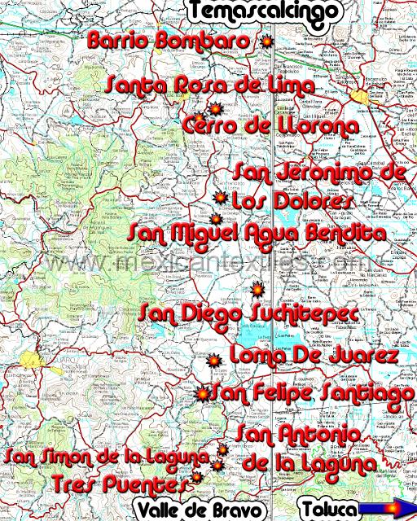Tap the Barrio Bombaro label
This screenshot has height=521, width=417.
pos(169,41)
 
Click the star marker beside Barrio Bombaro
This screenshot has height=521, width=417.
pos(264,42)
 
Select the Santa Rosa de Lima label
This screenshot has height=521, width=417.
pos(210,85)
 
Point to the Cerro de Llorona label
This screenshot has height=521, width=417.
pos(270,126)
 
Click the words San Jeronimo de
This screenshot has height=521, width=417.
pos(318,173)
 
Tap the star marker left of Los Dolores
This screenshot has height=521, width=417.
pos(219,198)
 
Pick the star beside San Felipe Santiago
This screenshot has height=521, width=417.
pos(202,394)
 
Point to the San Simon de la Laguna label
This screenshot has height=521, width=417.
pos(108,456)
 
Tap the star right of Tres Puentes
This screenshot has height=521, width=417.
pos(196,479)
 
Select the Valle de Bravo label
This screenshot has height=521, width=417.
pos(200,510)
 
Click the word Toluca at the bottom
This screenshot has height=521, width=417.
pos(329,510)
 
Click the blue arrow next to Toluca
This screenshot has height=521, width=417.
pos(385,510)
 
